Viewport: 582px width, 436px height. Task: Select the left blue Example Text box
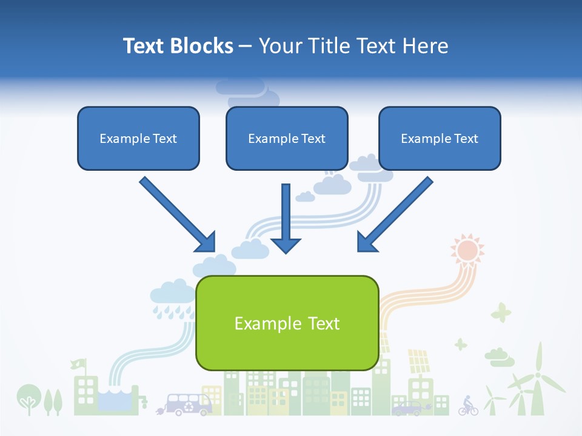click(138, 139)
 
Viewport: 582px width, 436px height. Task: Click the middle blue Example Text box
click(287, 139)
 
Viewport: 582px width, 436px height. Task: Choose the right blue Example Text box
click(440, 139)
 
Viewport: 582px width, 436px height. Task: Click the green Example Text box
click(287, 323)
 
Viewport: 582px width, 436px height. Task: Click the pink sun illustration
click(467, 249)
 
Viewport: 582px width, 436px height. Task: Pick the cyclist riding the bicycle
click(467, 405)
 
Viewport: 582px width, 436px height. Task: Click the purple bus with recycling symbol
click(188, 404)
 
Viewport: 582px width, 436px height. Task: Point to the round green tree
click(27, 397)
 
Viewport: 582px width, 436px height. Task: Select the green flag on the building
click(78, 365)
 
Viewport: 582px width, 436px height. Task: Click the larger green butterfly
click(501, 312)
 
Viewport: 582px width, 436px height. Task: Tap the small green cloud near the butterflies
click(499, 357)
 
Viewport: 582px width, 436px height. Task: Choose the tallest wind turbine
click(537, 378)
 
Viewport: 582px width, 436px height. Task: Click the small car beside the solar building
click(407, 409)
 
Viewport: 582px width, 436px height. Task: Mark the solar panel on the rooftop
click(418, 362)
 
